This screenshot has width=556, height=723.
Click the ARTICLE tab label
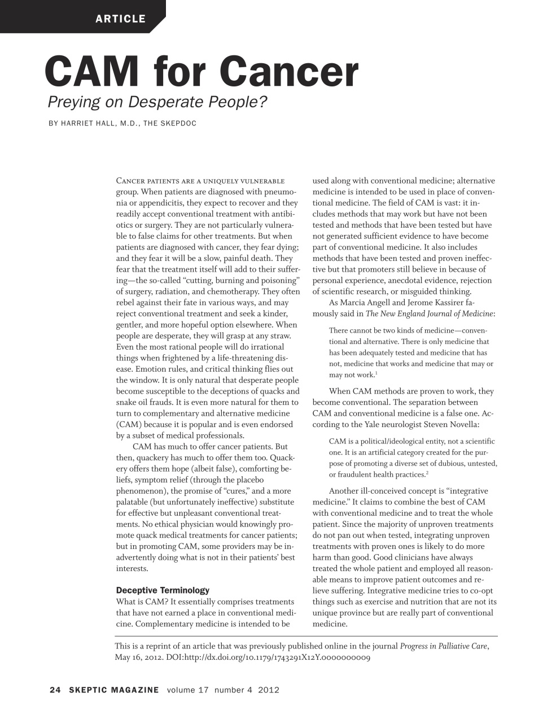pos(120,19)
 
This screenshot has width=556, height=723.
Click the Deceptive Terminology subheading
pos(163,590)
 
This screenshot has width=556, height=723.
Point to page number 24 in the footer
pos(55,690)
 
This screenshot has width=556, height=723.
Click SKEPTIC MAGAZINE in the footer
pos(114,690)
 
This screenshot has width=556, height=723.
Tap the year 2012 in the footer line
pos(269,690)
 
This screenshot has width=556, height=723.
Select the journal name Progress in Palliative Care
pos(444,646)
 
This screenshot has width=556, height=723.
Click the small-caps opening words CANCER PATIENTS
pos(148,181)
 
